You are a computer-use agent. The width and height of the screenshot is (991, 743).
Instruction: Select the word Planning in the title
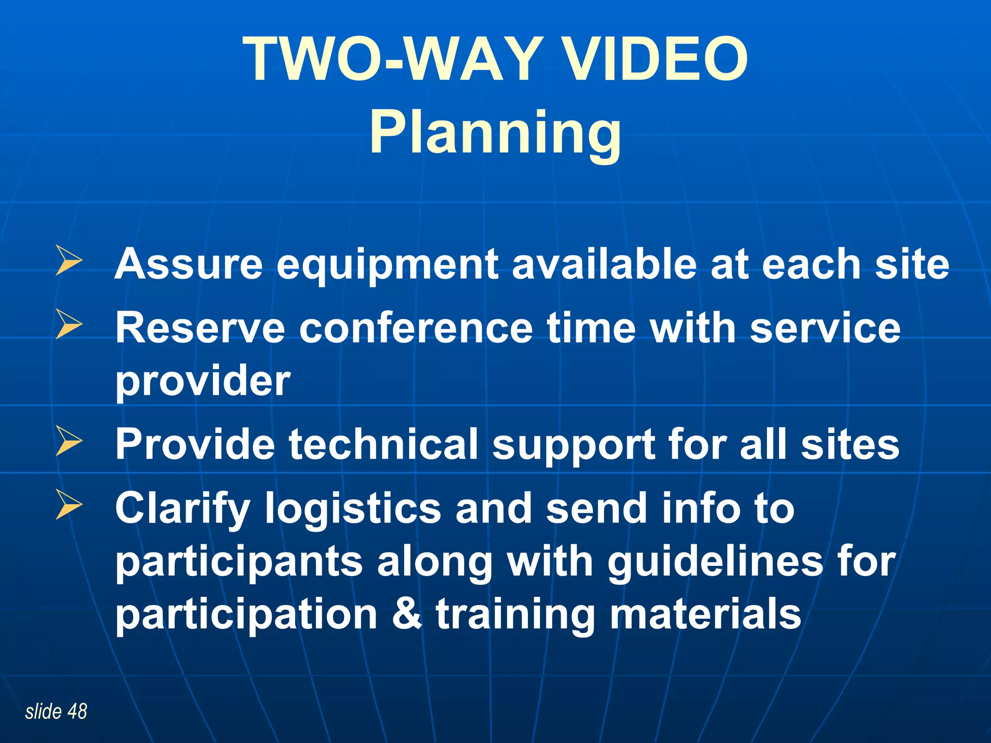pos(495,133)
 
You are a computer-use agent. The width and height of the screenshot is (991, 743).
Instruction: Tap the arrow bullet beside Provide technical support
pos(69,441)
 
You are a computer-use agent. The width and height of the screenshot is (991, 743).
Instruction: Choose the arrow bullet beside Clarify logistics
pos(69,505)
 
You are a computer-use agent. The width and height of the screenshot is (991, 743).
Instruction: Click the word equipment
pos(388,265)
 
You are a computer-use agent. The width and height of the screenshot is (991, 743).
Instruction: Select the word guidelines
pos(716,563)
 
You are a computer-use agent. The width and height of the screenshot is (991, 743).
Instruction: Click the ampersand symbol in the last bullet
pos(407,614)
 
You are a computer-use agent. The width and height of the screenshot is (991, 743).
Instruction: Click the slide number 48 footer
pos(56,712)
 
